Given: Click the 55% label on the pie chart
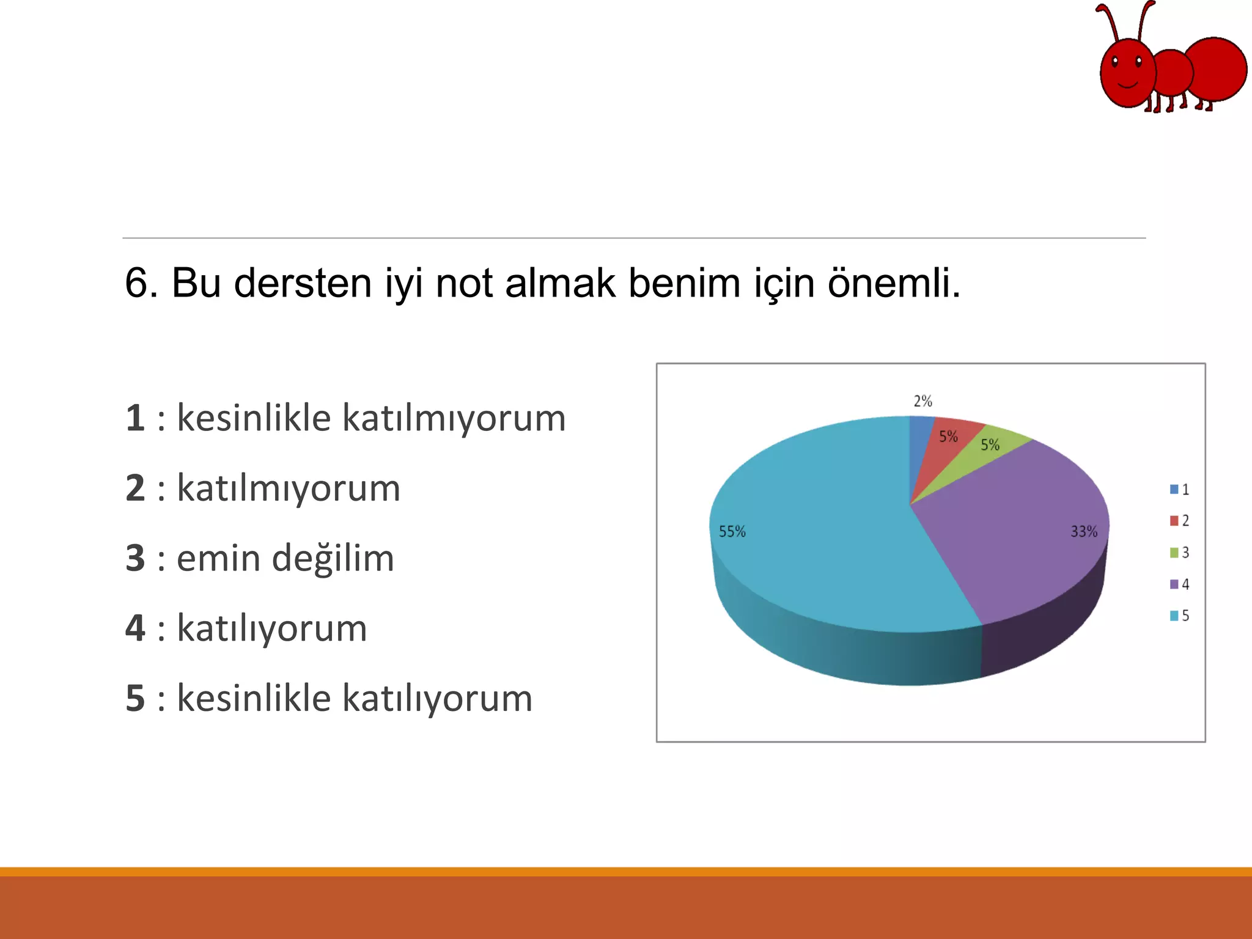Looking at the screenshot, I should [732, 531].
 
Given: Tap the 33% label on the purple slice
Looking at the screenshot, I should [1083, 531].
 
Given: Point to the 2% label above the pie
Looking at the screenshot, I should [922, 401].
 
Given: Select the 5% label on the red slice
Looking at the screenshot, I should [948, 436].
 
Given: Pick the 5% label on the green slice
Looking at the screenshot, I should [990, 445].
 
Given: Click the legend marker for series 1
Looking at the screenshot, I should [1174, 489].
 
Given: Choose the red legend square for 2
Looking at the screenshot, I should [1174, 521].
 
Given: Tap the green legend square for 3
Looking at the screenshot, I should [1174, 553].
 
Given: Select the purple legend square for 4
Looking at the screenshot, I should [1174, 584].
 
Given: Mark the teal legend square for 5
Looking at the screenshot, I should [1174, 616].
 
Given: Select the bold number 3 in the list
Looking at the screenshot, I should [135, 558].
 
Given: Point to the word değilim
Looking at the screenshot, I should [333, 558].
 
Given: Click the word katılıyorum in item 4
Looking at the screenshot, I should [271, 628].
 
